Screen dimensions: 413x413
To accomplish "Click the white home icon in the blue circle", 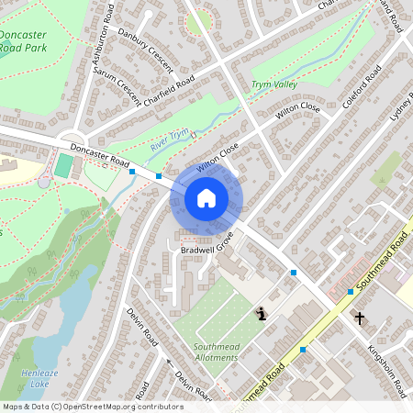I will [206, 197].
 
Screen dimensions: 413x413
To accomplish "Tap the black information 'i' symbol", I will [262, 314].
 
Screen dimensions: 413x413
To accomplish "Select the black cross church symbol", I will [360, 318].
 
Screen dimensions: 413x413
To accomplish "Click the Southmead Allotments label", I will [216, 352].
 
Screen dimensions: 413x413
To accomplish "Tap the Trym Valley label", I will [274, 84].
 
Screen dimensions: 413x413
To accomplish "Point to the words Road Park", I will [25, 47].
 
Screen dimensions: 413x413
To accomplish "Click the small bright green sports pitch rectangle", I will [63, 166].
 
